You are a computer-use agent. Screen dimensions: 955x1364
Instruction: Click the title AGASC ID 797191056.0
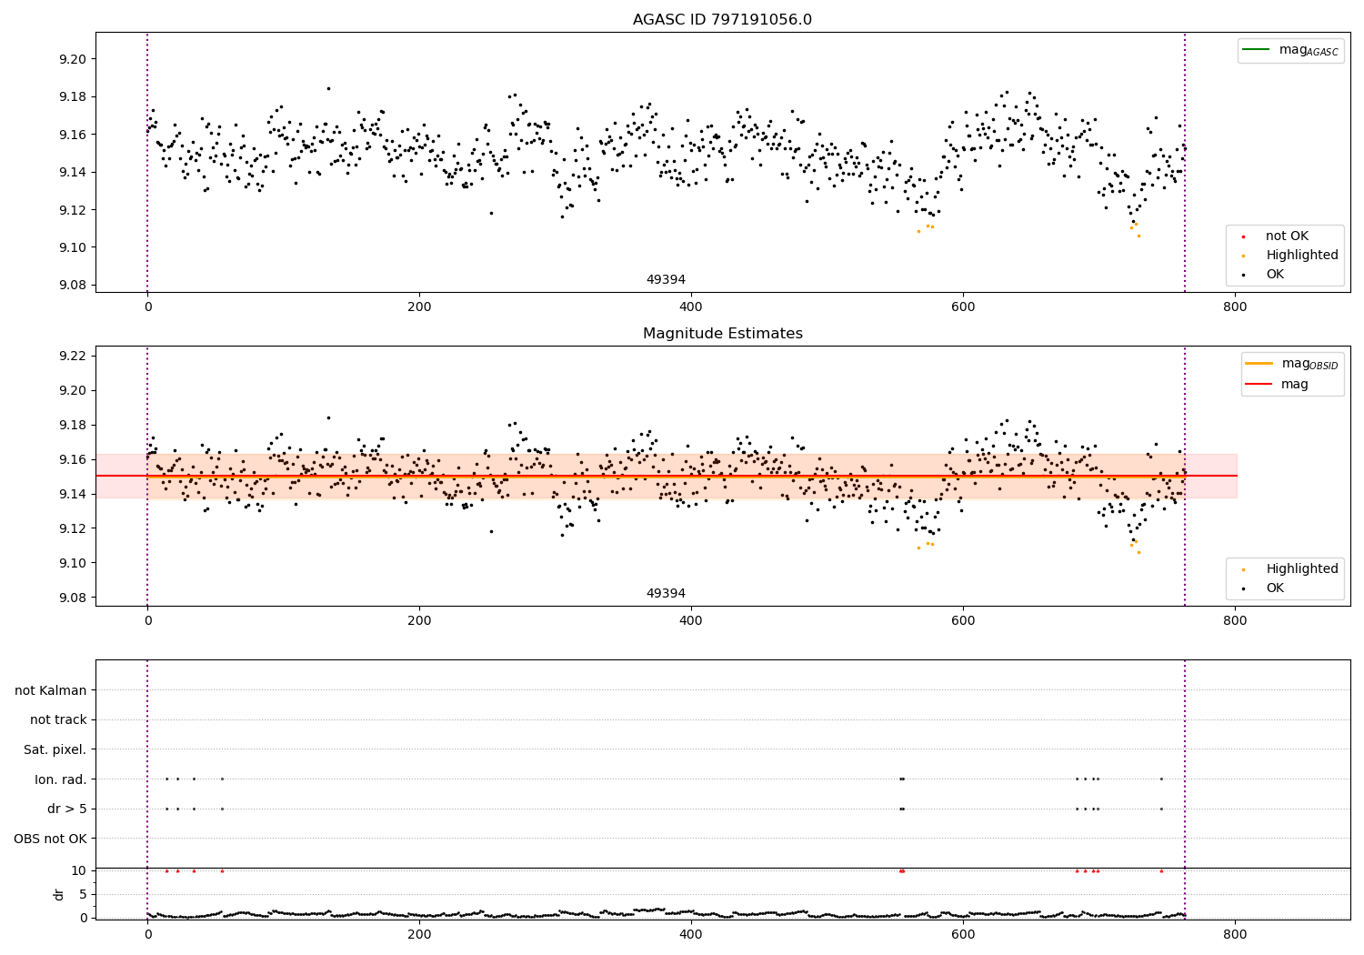(722, 20)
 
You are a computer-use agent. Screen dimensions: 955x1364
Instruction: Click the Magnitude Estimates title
(722, 334)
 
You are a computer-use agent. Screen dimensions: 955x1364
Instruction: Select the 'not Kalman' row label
(51, 690)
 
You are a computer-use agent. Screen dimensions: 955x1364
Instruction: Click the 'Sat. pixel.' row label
(55, 749)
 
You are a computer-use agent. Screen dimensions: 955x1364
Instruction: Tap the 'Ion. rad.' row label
(61, 779)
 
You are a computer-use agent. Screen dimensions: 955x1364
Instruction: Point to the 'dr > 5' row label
(67, 809)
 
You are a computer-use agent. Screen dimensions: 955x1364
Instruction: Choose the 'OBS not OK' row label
(51, 839)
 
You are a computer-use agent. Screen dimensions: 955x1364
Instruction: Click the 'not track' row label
(58, 719)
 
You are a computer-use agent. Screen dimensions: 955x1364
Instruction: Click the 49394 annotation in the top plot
(666, 280)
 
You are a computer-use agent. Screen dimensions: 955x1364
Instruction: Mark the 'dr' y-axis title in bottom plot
(59, 894)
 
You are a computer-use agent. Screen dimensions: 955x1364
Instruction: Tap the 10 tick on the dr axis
(79, 870)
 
